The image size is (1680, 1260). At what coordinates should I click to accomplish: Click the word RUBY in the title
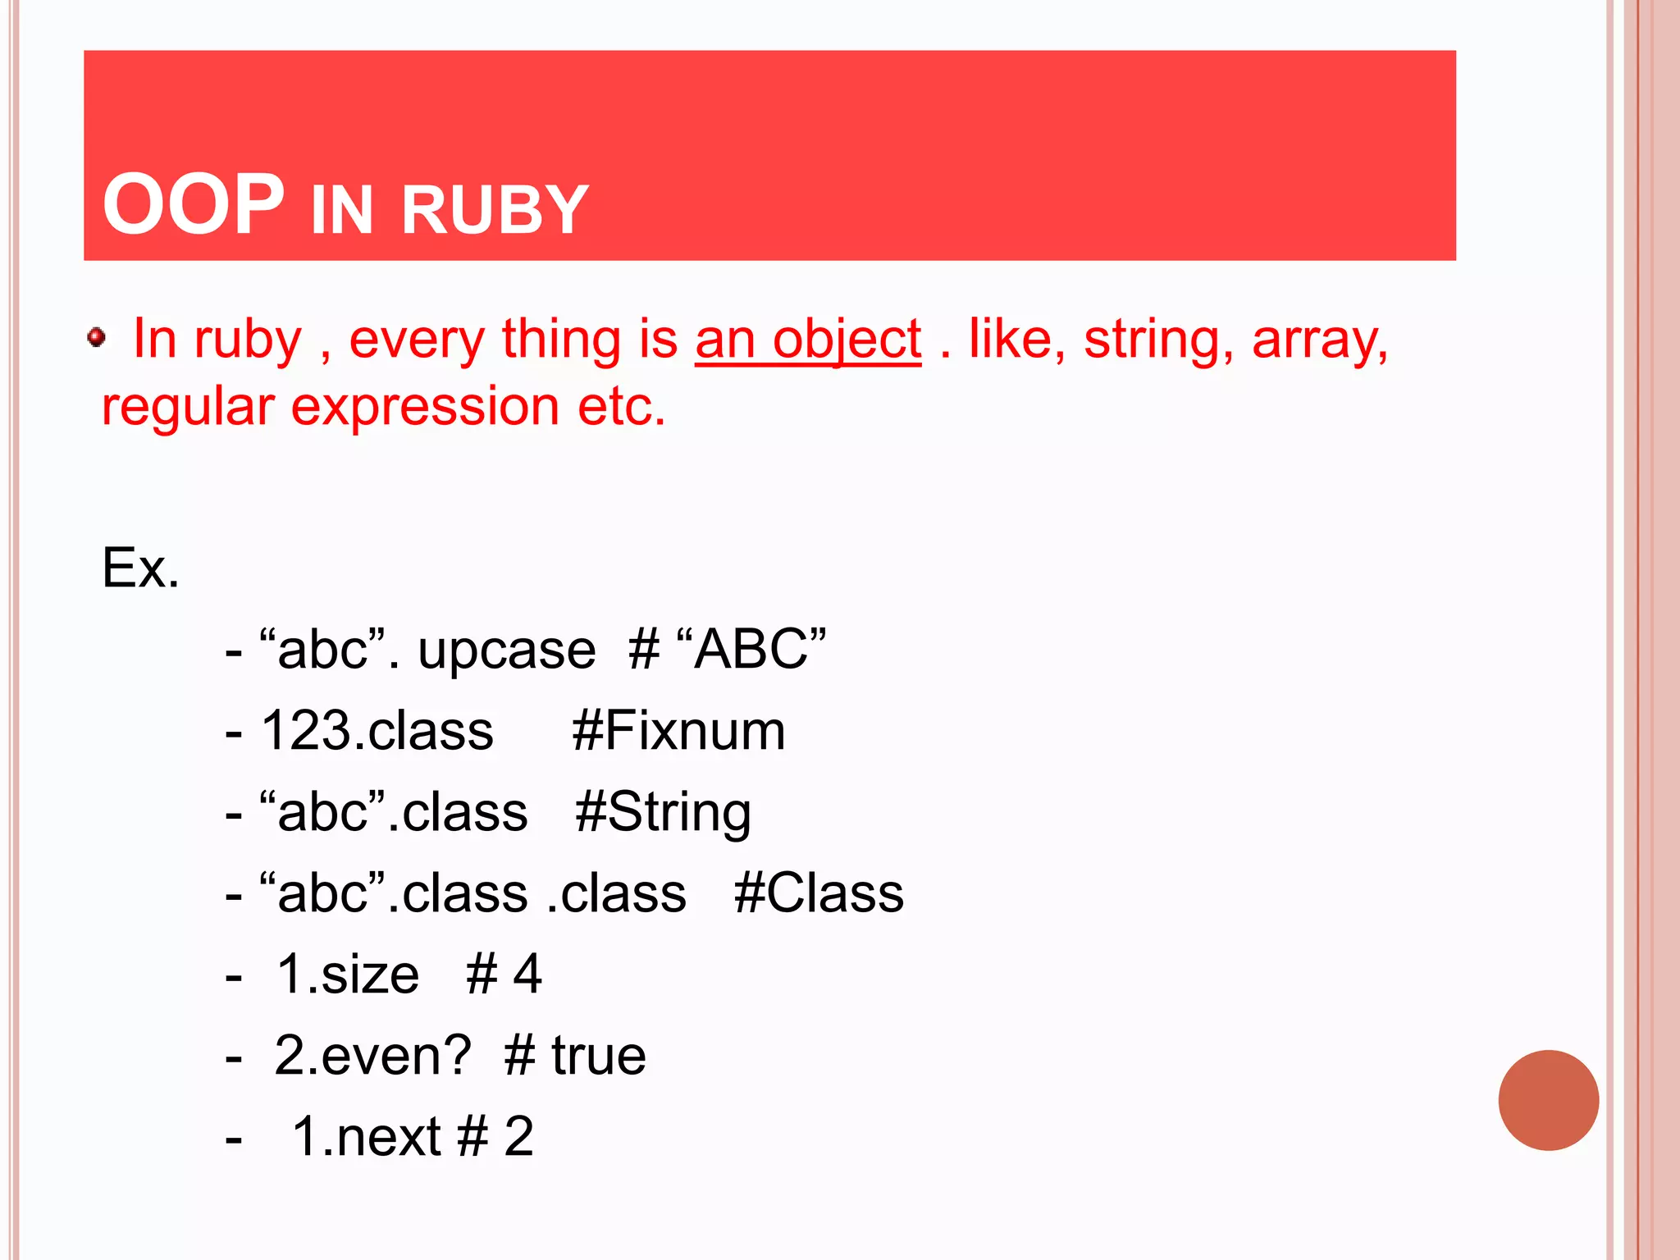tap(495, 211)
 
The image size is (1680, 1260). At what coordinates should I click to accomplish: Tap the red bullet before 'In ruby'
tap(97, 337)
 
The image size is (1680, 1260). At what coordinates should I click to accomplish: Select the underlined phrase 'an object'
tap(808, 340)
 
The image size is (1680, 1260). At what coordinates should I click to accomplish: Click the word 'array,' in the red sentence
tap(1320, 340)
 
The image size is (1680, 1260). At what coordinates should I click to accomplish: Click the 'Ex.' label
tap(140, 568)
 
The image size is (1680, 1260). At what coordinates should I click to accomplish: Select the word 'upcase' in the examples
tap(507, 651)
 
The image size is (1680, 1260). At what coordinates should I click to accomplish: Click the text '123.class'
tap(377, 731)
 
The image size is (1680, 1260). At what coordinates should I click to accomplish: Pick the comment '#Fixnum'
tap(678, 731)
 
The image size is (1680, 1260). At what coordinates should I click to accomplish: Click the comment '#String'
tap(663, 812)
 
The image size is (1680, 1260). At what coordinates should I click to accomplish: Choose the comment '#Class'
tap(819, 893)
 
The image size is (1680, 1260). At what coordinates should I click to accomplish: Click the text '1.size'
tap(348, 975)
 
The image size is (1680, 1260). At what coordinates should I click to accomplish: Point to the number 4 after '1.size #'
tap(527, 975)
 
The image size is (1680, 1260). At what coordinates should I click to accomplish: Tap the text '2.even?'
tap(373, 1056)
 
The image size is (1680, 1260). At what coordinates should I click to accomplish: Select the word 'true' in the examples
tap(599, 1056)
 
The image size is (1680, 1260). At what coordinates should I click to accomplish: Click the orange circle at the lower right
tap(1548, 1100)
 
